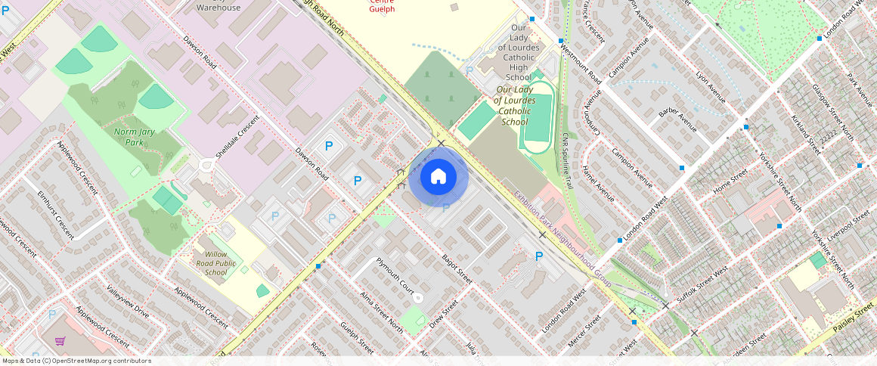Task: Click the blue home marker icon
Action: tap(438, 178)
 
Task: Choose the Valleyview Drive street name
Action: tap(128, 300)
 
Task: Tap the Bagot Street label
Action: tap(457, 269)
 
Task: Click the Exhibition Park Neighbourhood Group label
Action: tap(562, 235)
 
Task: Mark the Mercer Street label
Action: tap(584, 330)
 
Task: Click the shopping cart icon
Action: tap(59, 341)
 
